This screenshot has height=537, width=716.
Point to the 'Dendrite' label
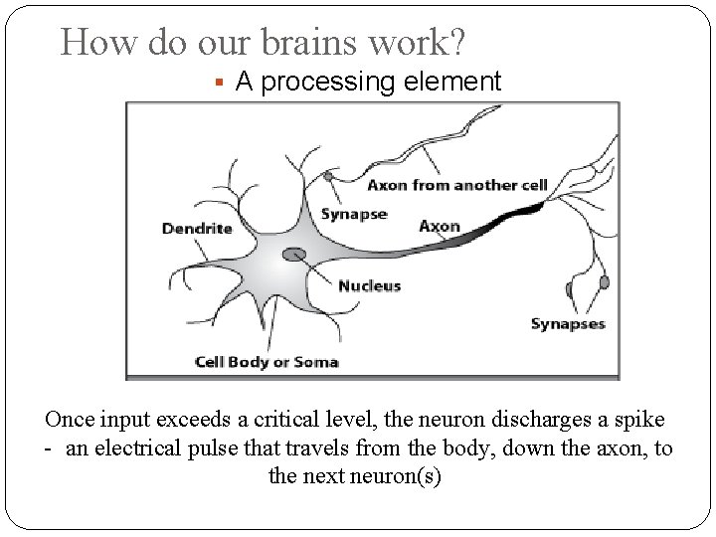(196, 228)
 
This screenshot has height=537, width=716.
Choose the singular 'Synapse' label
(353, 214)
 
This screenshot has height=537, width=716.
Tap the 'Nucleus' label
(369, 285)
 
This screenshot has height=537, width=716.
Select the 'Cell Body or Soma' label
(266, 361)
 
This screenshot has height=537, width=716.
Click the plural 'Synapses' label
(568, 323)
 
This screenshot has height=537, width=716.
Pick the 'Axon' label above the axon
(439, 226)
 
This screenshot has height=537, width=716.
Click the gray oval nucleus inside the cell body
(294, 256)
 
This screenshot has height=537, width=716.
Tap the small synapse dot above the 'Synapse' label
(328, 176)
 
